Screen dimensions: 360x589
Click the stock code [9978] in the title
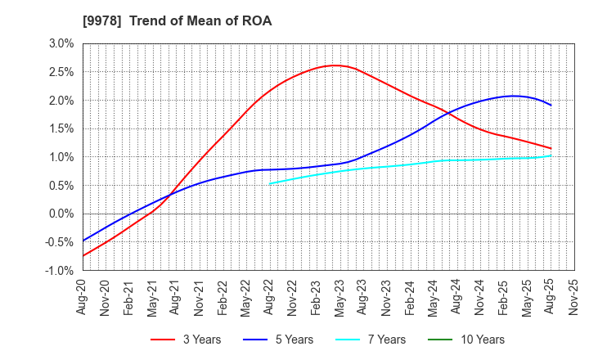[x=97, y=21]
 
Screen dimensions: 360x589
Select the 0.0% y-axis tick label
[x=63, y=214]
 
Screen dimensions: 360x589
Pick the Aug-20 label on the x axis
[x=83, y=297]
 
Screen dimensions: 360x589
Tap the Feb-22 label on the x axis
[x=223, y=297]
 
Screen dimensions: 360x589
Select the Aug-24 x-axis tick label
[x=456, y=297]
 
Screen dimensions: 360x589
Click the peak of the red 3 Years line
[x=334, y=65]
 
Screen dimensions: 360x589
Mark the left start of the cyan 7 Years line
[x=269, y=183]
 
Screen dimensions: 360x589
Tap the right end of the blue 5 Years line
[x=551, y=105]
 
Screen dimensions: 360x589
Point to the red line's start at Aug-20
[x=83, y=256]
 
